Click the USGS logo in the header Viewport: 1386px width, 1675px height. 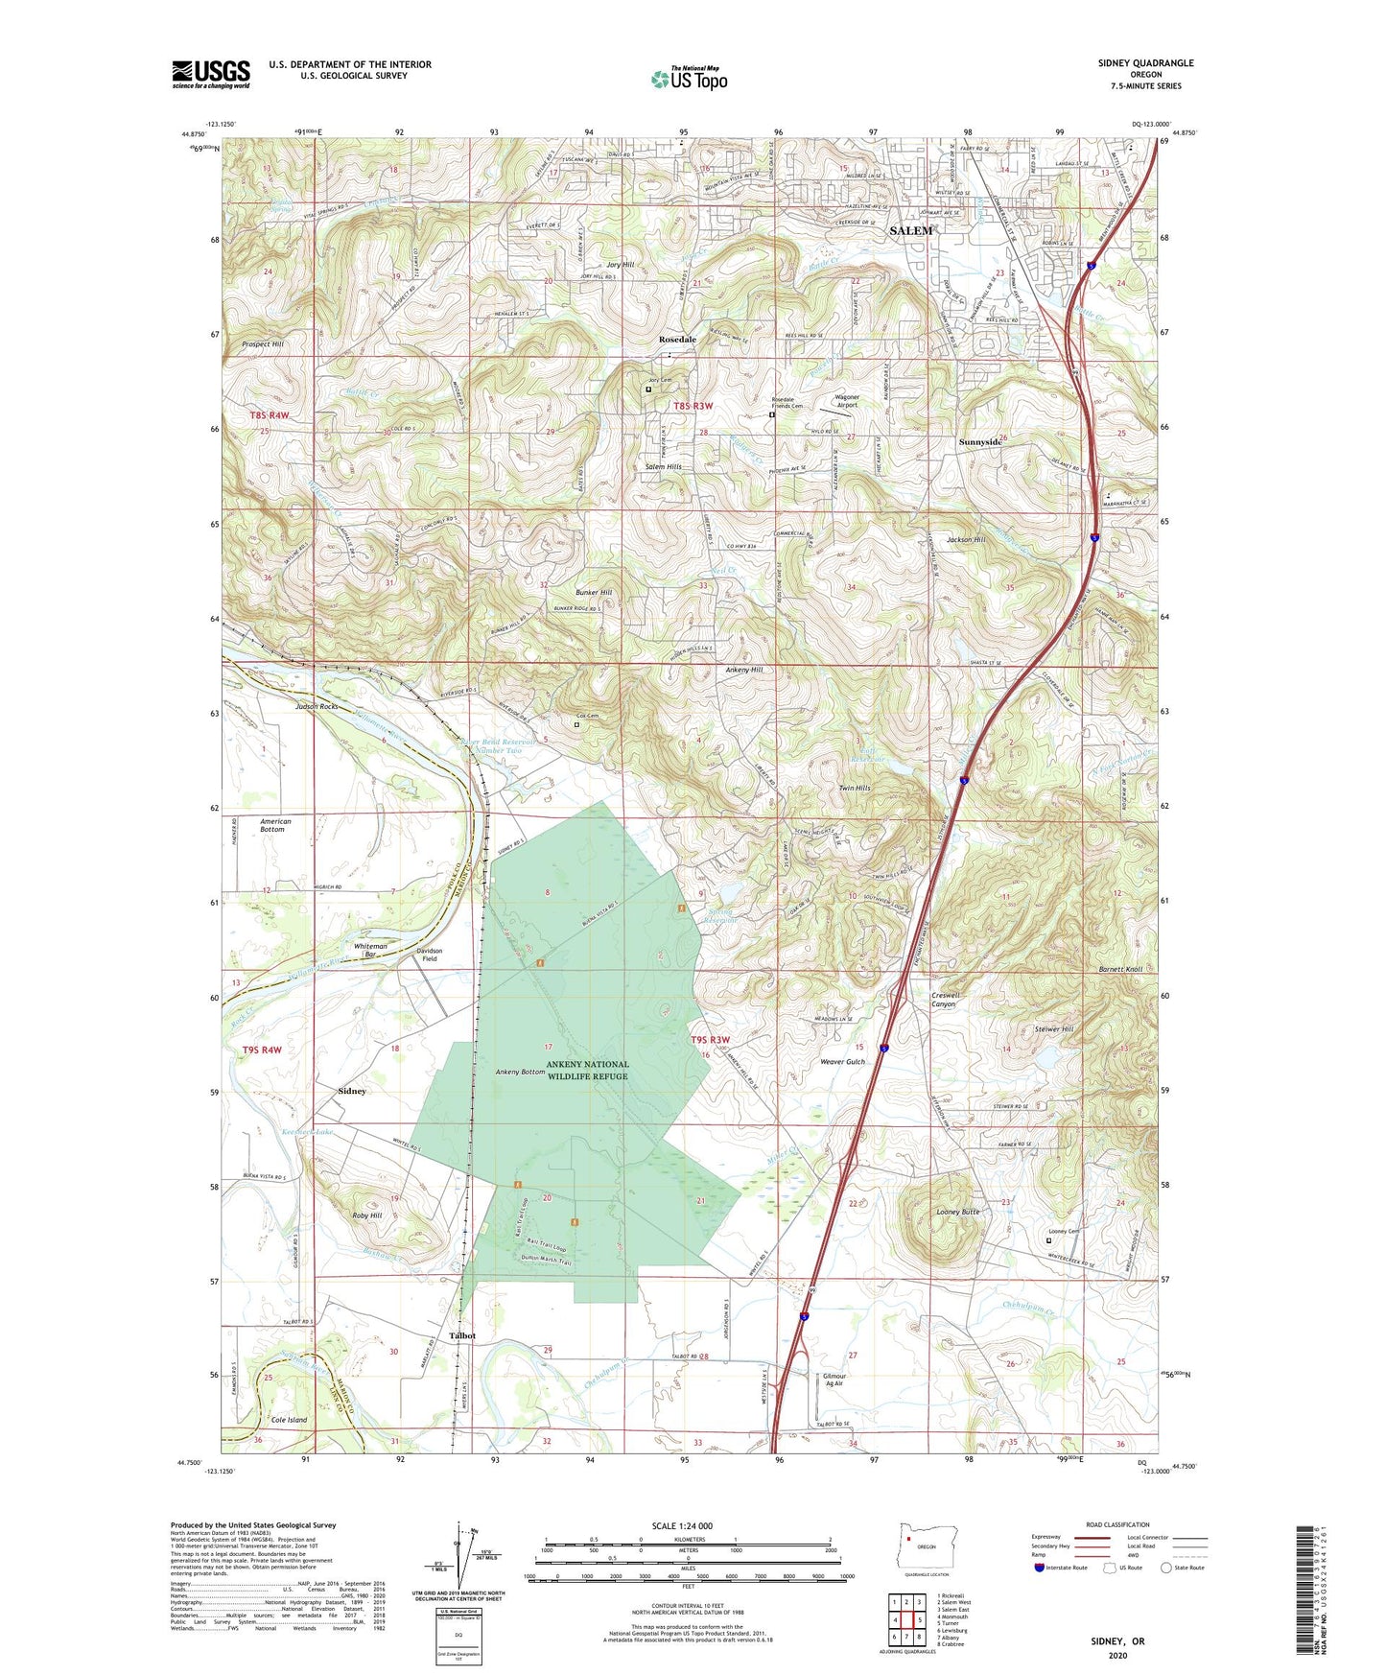tap(210, 73)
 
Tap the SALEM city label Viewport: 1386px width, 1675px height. tap(910, 231)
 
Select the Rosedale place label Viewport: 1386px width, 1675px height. tap(677, 340)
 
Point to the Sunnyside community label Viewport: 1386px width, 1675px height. tap(980, 442)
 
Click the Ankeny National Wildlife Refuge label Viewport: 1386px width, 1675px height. tap(588, 1070)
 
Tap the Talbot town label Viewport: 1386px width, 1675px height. tap(462, 1335)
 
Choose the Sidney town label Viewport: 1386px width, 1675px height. tap(352, 1091)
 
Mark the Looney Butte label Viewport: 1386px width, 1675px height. tap(957, 1212)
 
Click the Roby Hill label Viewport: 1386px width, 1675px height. tap(366, 1215)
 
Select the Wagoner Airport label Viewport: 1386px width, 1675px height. tap(846, 401)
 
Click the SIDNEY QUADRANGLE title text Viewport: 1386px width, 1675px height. tap(1145, 63)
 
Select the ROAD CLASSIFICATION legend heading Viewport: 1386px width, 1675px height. tap(1117, 1524)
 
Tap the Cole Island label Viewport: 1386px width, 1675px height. tap(289, 1420)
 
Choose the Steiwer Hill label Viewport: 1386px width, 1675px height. tap(1053, 1028)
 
